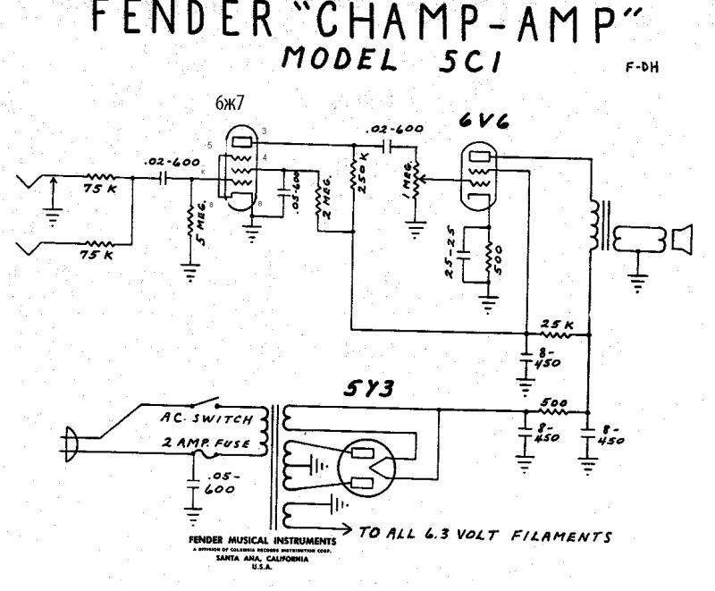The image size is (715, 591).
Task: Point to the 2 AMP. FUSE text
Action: pyautogui.click(x=212, y=443)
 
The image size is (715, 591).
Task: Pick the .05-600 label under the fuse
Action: pyautogui.click(x=222, y=483)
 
